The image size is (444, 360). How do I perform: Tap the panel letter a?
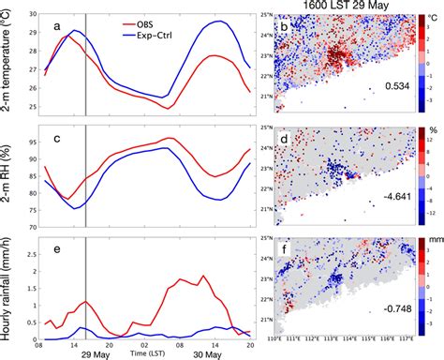(58, 25)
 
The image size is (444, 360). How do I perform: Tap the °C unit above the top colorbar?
(433, 18)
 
